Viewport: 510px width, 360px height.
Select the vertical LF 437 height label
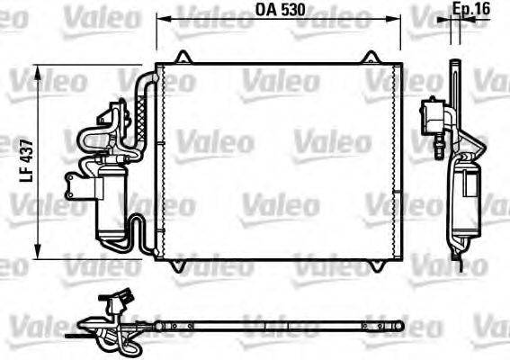[27, 161]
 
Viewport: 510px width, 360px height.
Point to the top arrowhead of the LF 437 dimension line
[38, 69]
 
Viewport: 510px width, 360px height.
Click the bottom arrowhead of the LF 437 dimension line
[38, 253]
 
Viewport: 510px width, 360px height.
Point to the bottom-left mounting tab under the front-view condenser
[184, 264]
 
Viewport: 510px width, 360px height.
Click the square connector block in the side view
[434, 114]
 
